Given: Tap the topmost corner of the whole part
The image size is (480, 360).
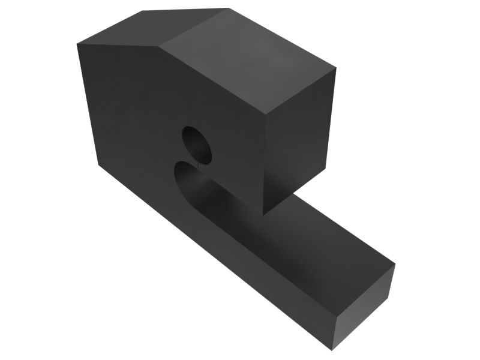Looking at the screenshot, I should (229, 8).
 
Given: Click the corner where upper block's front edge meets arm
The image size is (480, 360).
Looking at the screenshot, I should (263, 215).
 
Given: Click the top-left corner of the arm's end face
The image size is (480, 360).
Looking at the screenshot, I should (335, 313).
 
